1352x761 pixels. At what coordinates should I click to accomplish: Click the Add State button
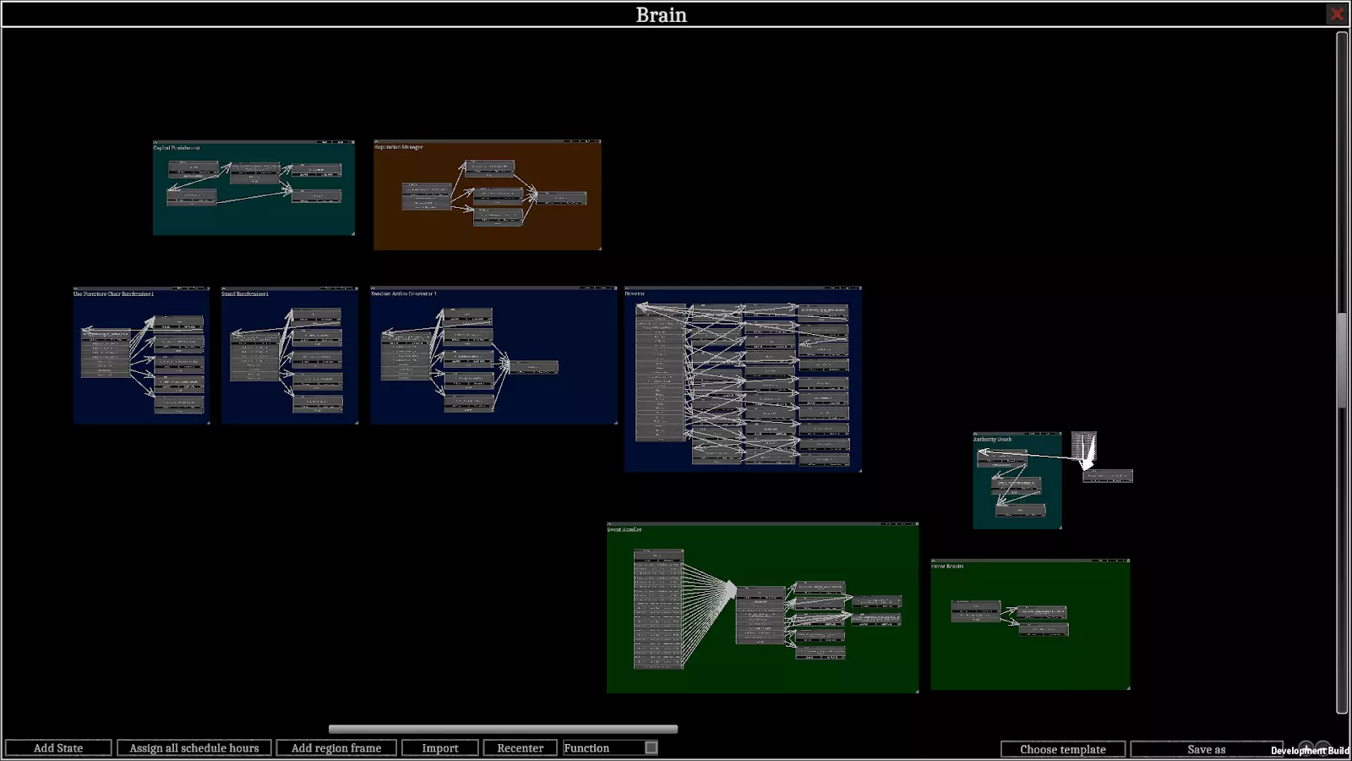58,748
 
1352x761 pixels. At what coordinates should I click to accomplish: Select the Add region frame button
336,748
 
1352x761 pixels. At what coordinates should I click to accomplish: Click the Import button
439,748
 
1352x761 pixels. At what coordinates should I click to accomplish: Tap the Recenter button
520,748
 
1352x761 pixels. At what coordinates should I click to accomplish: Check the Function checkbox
651,747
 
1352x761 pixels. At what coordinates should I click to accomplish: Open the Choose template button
1062,749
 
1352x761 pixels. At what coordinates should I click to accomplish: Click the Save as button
1206,749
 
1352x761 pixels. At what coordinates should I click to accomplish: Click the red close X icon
1337,14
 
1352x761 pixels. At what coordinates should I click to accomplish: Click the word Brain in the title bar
661,14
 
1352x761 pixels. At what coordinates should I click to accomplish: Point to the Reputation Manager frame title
399,147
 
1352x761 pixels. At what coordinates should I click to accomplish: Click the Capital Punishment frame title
177,148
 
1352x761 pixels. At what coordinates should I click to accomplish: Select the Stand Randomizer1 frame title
245,294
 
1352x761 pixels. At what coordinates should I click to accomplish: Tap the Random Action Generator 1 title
404,294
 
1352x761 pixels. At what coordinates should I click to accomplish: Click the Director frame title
635,294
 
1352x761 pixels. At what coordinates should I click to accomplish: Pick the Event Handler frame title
624,529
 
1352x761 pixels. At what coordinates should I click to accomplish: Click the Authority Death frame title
992,440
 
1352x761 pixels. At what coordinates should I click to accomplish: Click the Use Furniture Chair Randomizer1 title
113,294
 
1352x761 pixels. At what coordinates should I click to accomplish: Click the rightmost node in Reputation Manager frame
562,198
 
